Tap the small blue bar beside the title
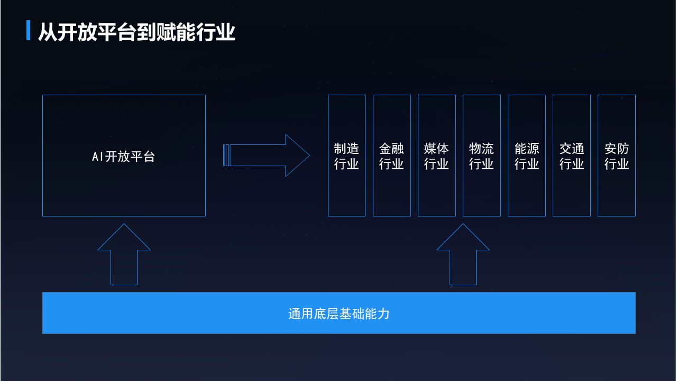point(29,31)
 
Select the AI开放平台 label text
point(123,157)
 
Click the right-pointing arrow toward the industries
point(270,156)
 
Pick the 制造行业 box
point(346,156)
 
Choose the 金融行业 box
point(391,156)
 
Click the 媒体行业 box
point(436,156)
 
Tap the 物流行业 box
point(481,156)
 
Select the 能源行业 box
point(526,156)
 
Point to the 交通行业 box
point(571,156)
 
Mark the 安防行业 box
point(616,156)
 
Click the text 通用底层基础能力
point(338,313)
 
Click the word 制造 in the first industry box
point(346,149)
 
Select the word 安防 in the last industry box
point(617,149)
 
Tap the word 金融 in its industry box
point(391,149)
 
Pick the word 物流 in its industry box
point(481,149)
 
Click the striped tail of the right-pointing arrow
point(226,156)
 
